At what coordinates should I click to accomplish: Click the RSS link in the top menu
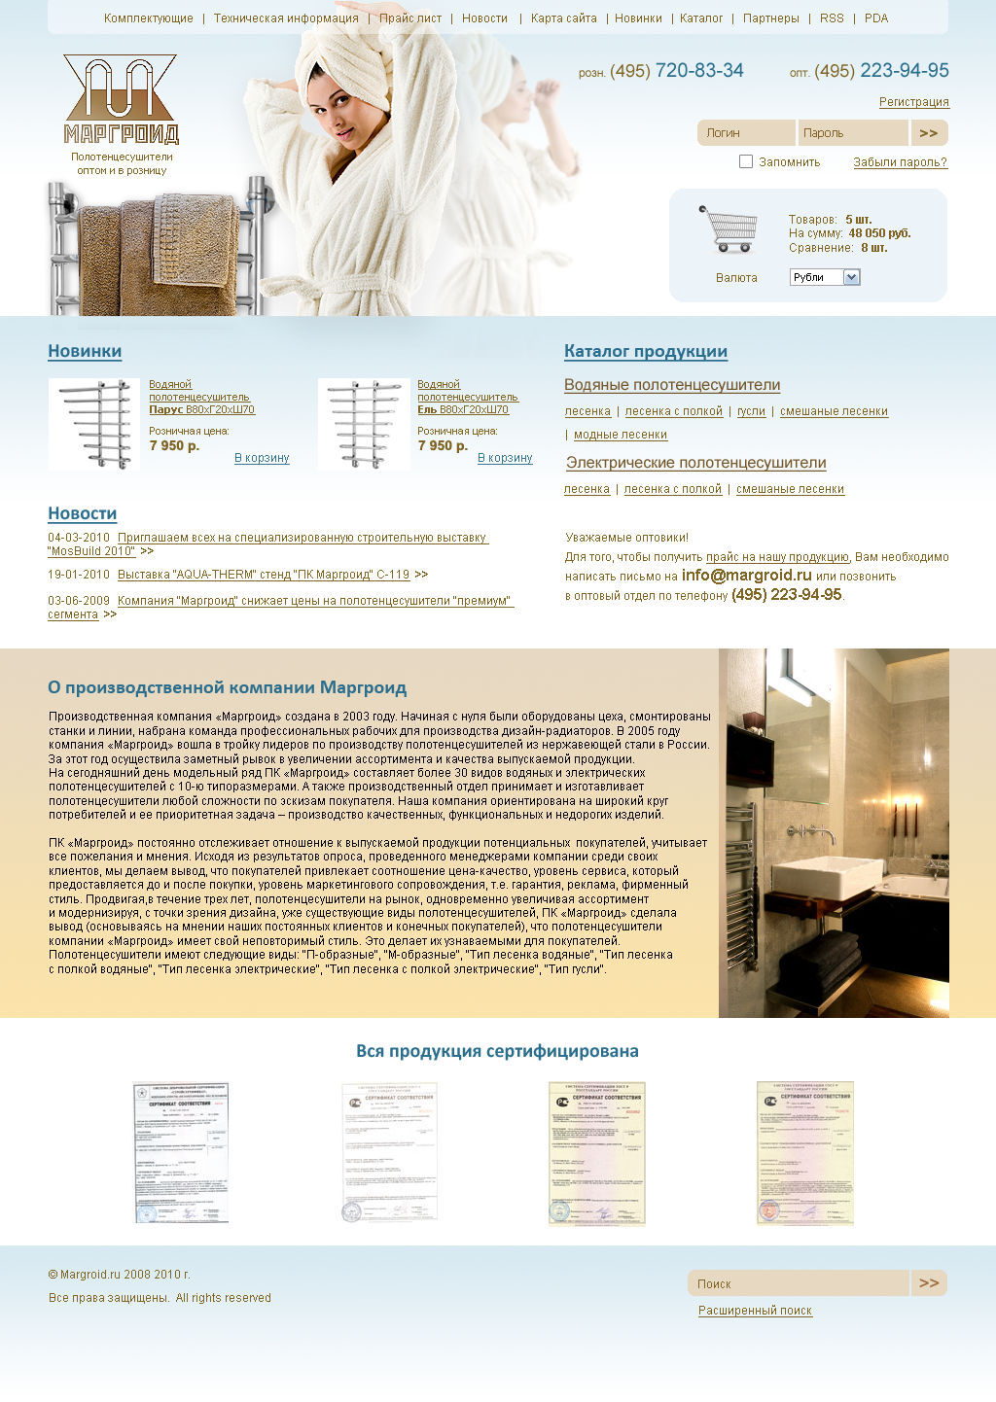tap(832, 18)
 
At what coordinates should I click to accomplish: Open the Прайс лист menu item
tap(410, 18)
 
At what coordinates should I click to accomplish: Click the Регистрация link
tap(913, 102)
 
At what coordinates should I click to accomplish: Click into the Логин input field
tap(746, 133)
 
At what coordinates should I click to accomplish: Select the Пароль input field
tap(853, 133)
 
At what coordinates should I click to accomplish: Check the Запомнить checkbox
tap(746, 161)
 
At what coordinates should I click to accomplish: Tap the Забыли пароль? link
tap(900, 162)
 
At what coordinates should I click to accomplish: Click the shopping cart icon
tap(729, 229)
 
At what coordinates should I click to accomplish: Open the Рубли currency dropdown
tap(825, 277)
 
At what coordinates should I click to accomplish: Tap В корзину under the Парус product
tap(262, 458)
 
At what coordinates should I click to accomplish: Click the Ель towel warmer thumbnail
tap(364, 424)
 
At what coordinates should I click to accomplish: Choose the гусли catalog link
tap(751, 411)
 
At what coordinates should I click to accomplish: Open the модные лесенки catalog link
tap(621, 435)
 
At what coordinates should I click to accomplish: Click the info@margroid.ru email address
tap(746, 575)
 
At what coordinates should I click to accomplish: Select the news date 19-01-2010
tap(79, 575)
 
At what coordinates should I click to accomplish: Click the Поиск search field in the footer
tap(799, 1283)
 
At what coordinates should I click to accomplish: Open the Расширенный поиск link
tap(755, 1311)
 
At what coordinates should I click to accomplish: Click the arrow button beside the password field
tap(929, 133)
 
